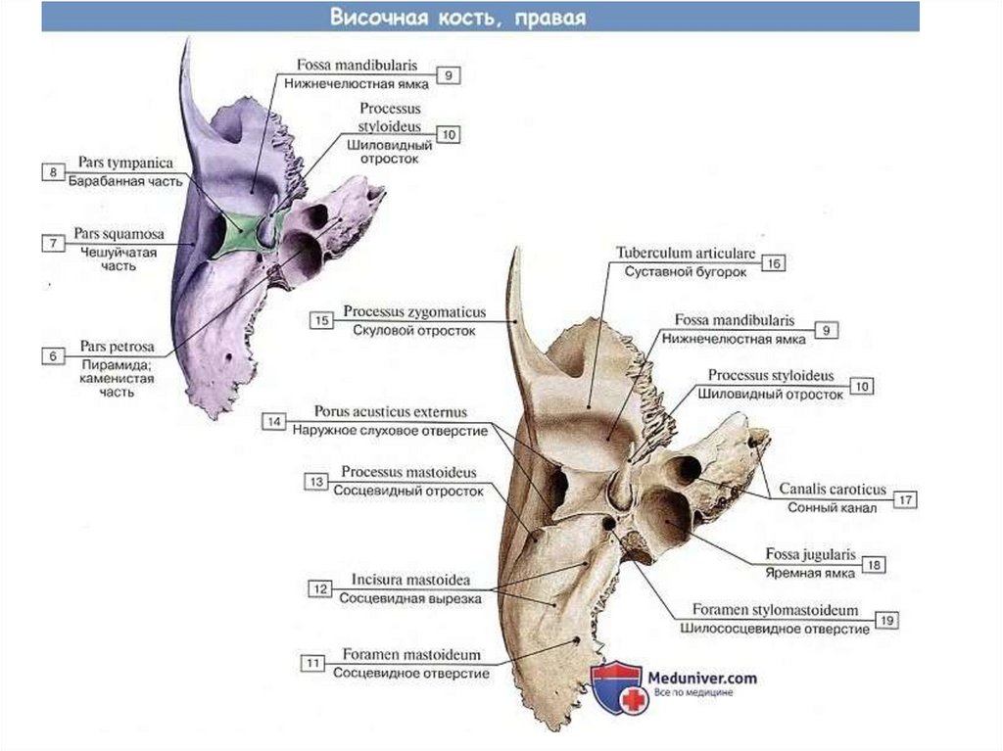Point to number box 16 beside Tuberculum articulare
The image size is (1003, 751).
point(773,262)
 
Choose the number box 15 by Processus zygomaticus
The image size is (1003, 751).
point(320,320)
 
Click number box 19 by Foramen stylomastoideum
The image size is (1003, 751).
point(887,620)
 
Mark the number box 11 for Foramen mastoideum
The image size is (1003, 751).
point(313,663)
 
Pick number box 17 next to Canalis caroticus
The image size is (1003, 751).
point(906,500)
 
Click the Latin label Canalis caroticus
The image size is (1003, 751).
point(832,489)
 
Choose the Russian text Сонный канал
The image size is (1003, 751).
point(831,508)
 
